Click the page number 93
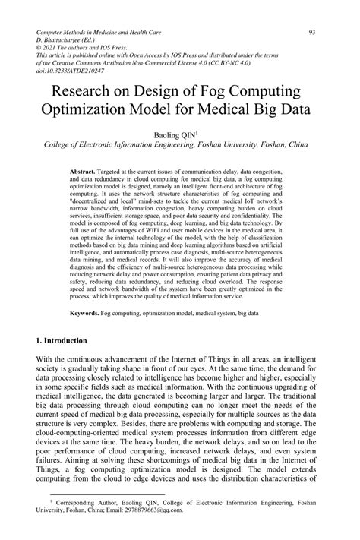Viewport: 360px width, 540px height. pos(312,33)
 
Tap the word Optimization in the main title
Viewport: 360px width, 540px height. pos(92,112)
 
